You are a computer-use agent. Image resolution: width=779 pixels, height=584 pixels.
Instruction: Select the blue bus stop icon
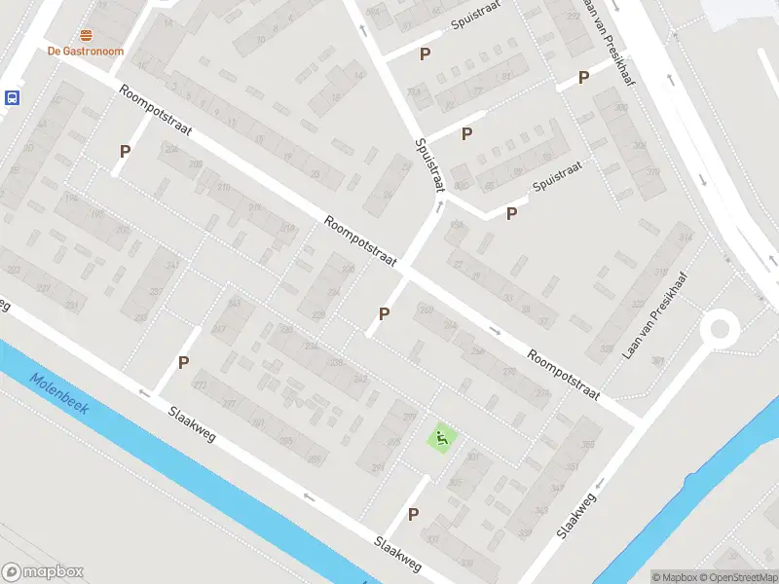point(13,97)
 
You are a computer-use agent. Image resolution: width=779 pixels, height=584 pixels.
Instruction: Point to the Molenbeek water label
point(58,394)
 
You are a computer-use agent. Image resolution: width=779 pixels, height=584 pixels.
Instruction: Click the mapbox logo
point(43,572)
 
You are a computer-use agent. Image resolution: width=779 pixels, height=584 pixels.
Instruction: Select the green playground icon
point(442,439)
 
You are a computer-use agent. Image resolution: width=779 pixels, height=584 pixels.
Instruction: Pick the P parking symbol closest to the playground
point(414,514)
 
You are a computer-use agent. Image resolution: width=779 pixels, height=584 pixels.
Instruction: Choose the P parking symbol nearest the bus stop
point(125,151)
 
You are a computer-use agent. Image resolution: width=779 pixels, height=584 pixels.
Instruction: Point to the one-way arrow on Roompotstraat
point(495,330)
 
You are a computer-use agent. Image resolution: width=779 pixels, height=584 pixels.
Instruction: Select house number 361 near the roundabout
point(657,361)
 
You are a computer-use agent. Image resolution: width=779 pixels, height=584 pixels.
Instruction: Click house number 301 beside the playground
point(473,456)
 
